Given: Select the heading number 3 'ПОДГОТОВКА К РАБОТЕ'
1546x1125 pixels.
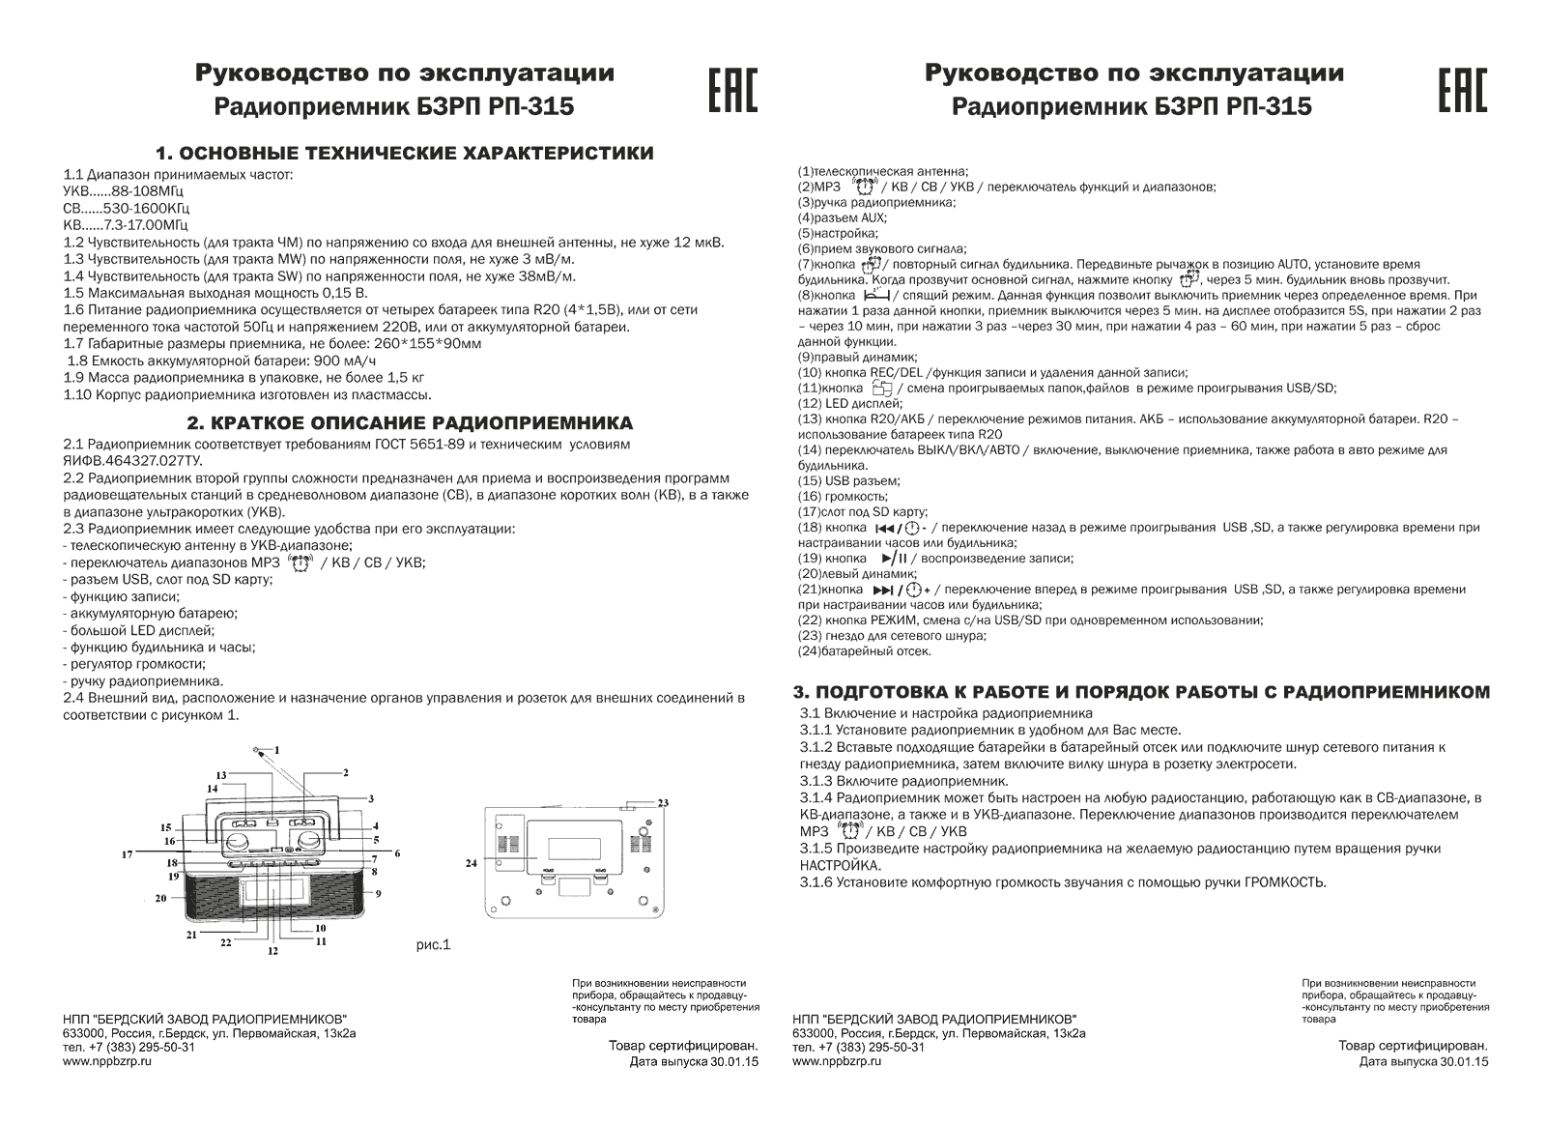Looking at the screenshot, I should pos(1140,692).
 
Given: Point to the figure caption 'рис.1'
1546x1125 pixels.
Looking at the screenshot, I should pos(434,944).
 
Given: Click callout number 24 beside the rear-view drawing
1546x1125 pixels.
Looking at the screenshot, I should pos(472,863).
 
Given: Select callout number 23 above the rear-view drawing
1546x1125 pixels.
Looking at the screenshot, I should pos(663,803).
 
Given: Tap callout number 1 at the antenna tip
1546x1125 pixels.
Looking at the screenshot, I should pos(275,750).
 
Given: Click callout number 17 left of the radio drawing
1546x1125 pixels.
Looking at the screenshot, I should pos(127,854).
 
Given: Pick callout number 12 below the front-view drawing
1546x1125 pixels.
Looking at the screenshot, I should pos(272,951).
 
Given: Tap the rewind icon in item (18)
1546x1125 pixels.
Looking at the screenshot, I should pos(886,528).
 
